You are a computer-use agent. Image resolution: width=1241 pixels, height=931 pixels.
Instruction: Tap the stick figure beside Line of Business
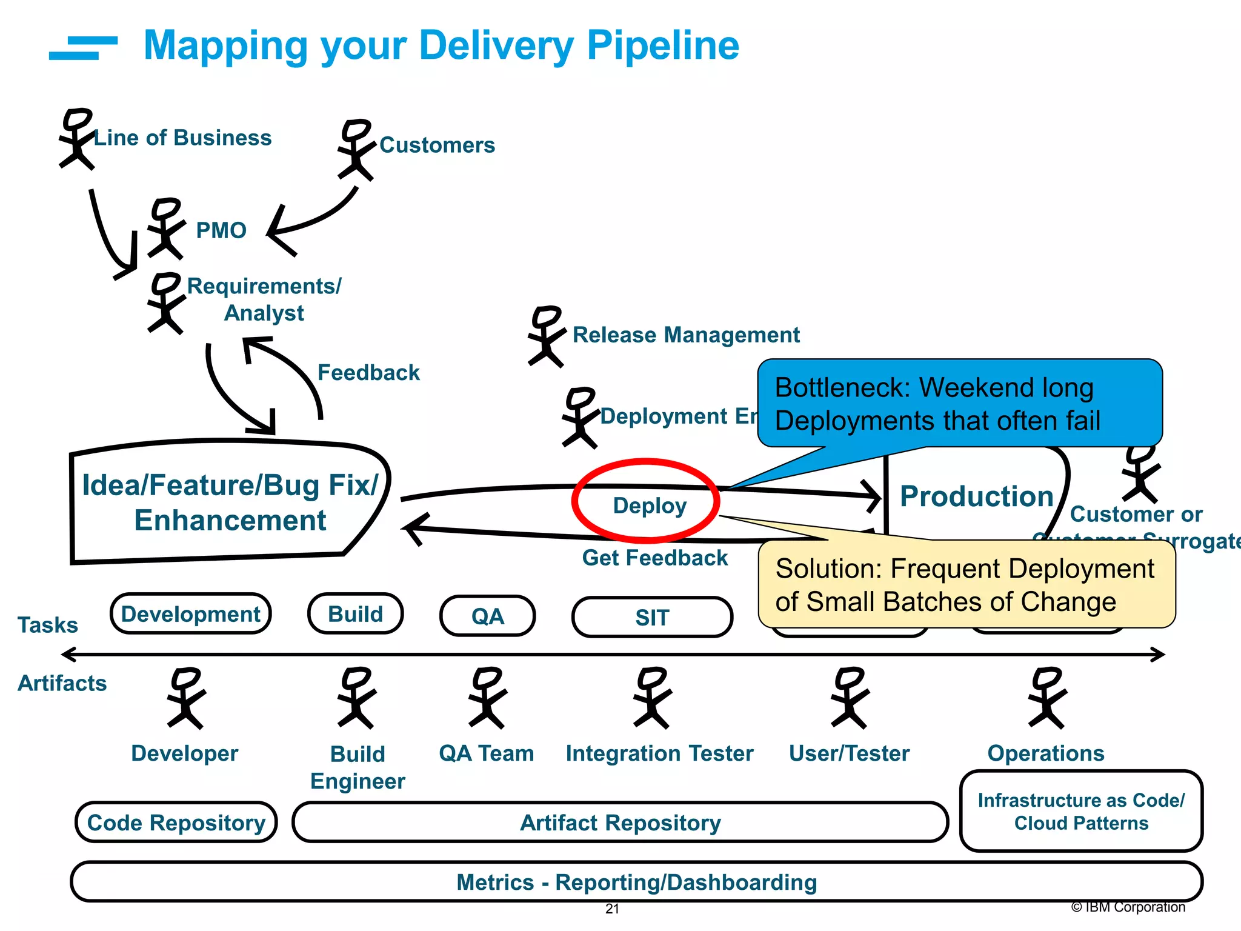click(x=77, y=139)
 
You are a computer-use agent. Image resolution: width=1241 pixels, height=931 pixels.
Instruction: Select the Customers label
click(x=437, y=145)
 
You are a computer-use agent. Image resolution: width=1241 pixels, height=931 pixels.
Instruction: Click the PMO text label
click(x=221, y=231)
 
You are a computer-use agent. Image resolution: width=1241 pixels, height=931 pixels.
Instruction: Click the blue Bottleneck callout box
click(x=959, y=403)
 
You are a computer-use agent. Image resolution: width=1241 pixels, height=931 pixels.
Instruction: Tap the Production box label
click(x=976, y=496)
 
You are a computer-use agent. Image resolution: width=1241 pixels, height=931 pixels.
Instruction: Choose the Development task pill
click(x=190, y=614)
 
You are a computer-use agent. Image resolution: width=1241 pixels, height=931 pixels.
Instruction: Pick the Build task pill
click(x=356, y=614)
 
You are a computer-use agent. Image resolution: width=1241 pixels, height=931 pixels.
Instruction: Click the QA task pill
click(x=487, y=616)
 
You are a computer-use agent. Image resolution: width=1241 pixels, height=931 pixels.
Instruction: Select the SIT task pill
click(x=652, y=618)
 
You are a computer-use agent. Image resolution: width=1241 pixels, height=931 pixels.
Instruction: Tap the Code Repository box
click(x=176, y=823)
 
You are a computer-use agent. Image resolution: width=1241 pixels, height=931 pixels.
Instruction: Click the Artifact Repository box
click(x=620, y=823)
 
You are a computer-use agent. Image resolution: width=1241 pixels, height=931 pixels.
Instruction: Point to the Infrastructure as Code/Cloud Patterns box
click(x=1081, y=812)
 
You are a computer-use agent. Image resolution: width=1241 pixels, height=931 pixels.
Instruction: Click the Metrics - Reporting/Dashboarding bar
click(x=636, y=882)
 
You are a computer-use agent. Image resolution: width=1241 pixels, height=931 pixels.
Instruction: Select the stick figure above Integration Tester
click(x=652, y=698)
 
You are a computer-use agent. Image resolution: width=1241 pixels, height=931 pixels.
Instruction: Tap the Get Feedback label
click(x=654, y=558)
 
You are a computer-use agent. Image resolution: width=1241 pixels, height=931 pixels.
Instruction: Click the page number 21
click(x=612, y=909)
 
